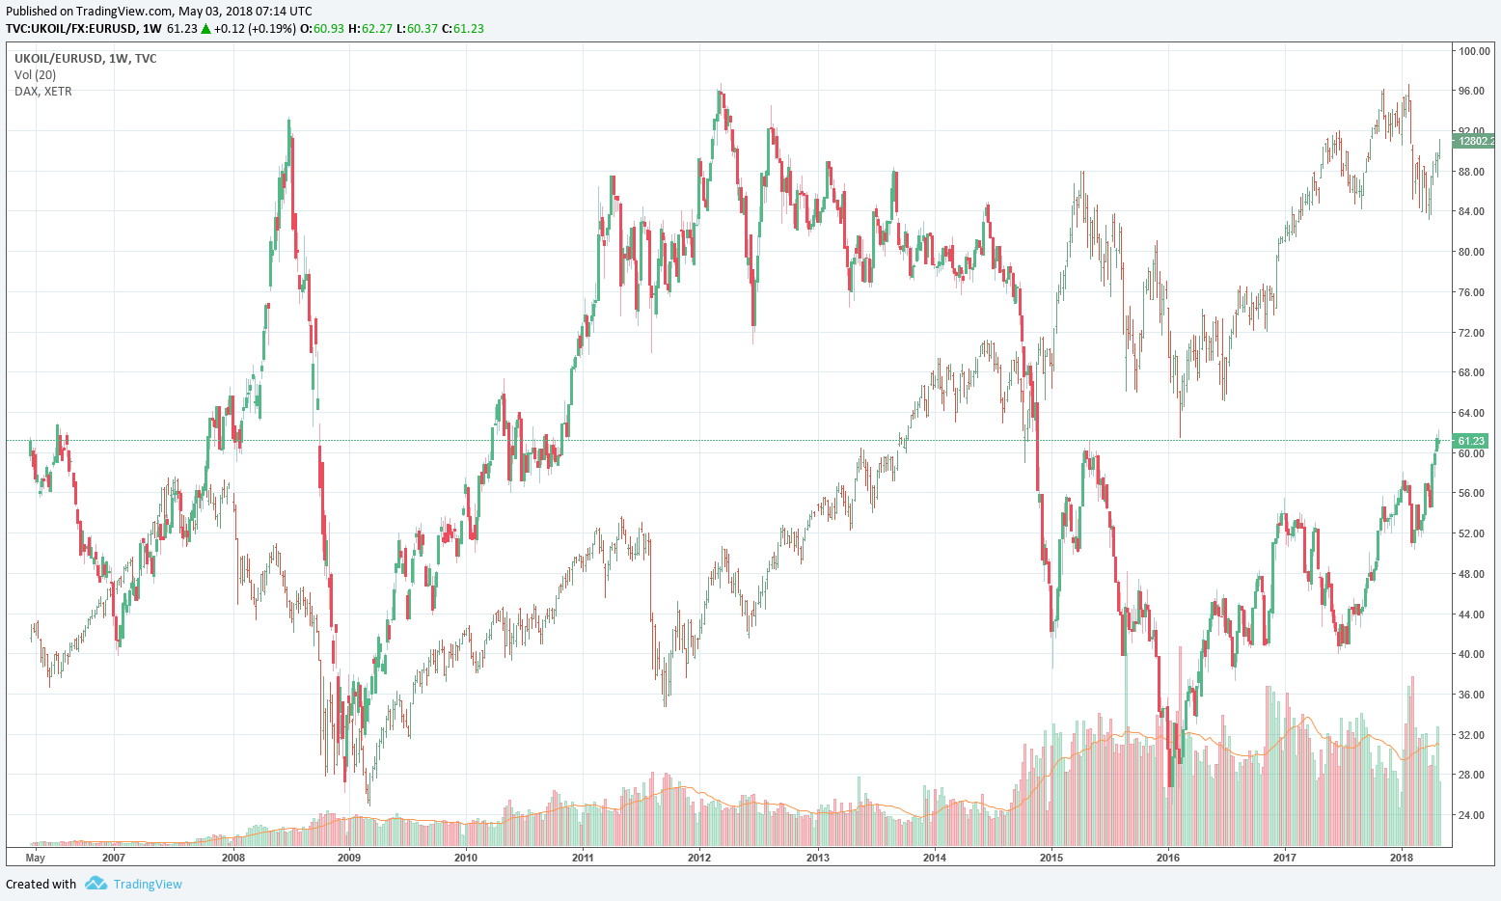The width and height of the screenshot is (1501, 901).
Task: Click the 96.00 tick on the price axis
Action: tap(1471, 91)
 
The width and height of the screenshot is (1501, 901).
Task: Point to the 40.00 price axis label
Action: tap(1471, 654)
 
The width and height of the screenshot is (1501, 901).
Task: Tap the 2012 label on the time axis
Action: tap(699, 857)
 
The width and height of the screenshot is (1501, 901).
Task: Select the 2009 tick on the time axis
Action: tap(349, 857)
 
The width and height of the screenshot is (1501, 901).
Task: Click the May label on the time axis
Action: tap(36, 857)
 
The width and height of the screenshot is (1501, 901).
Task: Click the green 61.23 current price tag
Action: tap(1471, 441)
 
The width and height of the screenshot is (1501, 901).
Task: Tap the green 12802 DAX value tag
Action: tap(1476, 141)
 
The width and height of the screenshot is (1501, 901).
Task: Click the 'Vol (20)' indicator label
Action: tap(36, 75)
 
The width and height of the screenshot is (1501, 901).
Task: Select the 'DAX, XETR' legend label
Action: tap(43, 92)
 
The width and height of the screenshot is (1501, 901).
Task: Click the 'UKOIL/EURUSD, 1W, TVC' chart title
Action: tap(86, 59)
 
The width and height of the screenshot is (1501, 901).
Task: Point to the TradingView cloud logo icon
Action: tap(95, 883)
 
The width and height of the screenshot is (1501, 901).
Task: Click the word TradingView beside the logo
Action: tap(148, 884)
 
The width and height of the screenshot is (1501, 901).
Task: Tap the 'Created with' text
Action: tap(41, 884)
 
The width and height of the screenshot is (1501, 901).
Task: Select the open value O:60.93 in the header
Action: tap(322, 28)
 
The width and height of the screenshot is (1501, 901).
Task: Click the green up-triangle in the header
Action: tap(205, 28)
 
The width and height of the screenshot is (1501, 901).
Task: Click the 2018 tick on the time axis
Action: tap(1402, 857)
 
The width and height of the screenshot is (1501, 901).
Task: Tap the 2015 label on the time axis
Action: tap(1051, 857)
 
